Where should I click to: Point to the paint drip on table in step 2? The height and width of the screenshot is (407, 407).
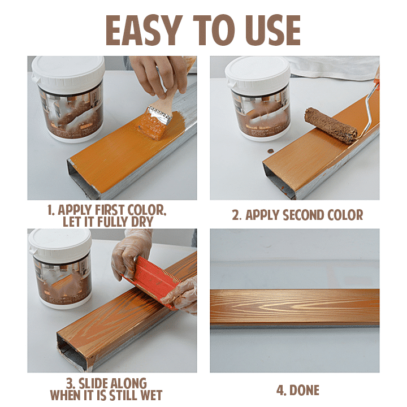coord(270,151)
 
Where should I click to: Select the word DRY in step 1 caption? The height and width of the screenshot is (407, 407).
coord(139,222)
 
